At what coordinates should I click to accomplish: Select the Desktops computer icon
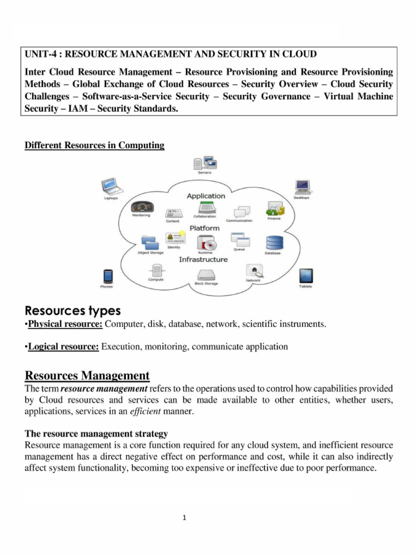click(x=302, y=186)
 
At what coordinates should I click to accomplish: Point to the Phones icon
click(x=107, y=275)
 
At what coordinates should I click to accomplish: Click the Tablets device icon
click(x=306, y=275)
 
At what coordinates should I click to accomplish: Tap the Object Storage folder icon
click(x=148, y=242)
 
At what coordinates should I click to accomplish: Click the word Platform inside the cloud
click(x=204, y=228)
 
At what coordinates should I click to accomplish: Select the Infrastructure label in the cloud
click(x=203, y=260)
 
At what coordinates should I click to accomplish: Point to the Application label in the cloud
click(x=206, y=195)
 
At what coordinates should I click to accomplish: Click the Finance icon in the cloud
click(x=274, y=208)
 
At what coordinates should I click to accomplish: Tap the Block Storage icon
click(x=206, y=274)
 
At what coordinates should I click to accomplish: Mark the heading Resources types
click(x=73, y=311)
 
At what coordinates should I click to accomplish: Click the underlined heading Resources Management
click(x=87, y=375)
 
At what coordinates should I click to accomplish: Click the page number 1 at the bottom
click(x=185, y=517)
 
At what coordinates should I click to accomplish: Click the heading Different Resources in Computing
click(x=94, y=146)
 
